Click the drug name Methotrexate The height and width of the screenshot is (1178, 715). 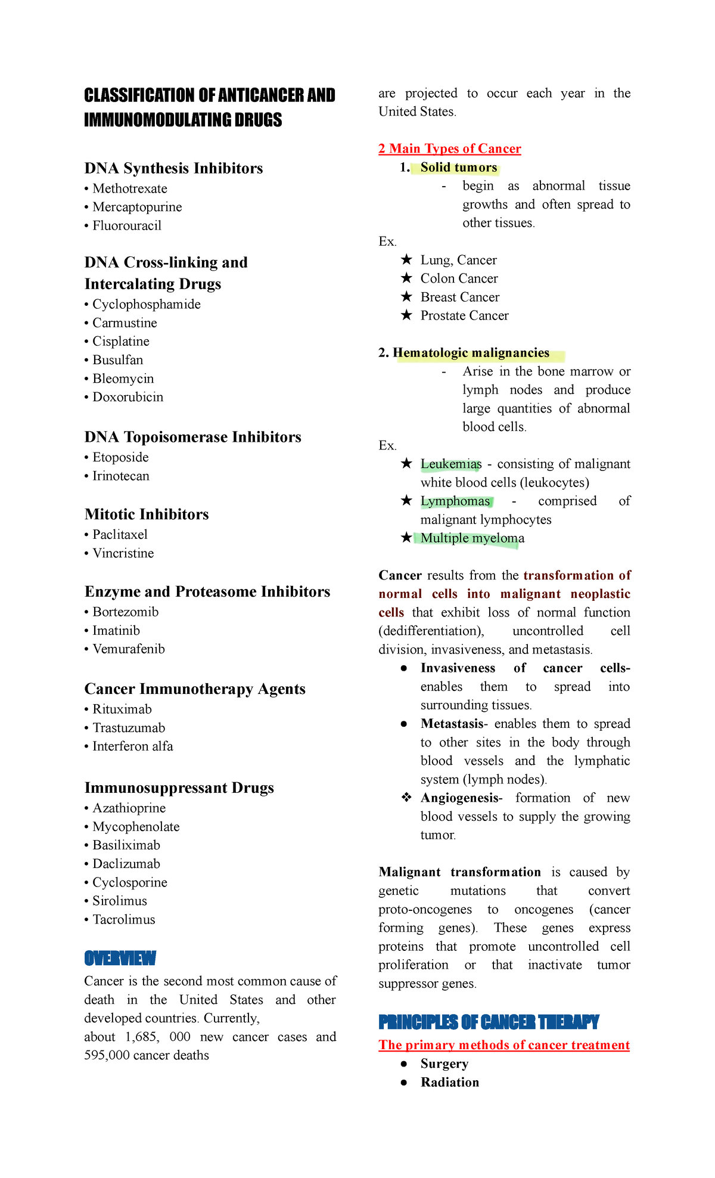[x=130, y=189]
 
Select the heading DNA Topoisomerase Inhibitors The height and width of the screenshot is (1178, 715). [x=192, y=437]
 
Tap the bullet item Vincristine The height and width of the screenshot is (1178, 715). [x=123, y=553]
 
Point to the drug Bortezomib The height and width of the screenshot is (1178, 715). [x=125, y=612]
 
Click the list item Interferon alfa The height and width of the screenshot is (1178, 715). [x=132, y=746]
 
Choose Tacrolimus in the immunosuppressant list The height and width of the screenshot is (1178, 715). [x=123, y=920]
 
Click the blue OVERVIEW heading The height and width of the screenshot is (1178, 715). [x=120, y=959]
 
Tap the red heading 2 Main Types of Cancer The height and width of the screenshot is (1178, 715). [x=449, y=148]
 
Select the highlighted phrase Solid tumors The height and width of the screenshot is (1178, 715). [x=458, y=168]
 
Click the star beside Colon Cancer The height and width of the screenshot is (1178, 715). [x=406, y=278]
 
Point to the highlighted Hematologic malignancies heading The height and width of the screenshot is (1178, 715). [x=471, y=353]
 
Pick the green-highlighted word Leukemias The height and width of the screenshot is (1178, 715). [x=450, y=464]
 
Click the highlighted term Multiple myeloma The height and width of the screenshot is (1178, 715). [x=472, y=538]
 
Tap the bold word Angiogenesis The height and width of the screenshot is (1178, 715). [x=459, y=798]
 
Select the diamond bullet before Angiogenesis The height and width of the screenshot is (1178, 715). [x=406, y=798]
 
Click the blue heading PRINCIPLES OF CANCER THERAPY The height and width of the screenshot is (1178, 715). [x=489, y=1022]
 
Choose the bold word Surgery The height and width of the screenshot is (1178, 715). [x=444, y=1064]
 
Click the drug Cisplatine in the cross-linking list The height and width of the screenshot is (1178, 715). [x=120, y=342]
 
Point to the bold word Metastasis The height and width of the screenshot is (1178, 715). [x=452, y=724]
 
